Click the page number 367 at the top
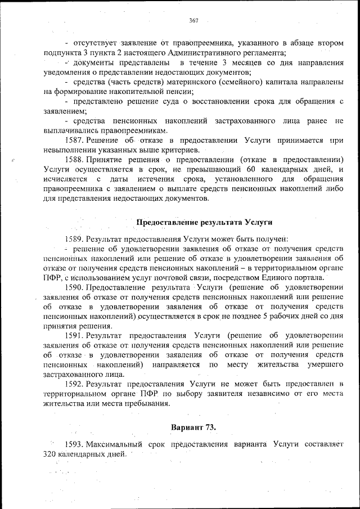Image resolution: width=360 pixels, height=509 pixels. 193,20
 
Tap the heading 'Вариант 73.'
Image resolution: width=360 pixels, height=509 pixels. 193,427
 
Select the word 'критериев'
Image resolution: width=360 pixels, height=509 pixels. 179,151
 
